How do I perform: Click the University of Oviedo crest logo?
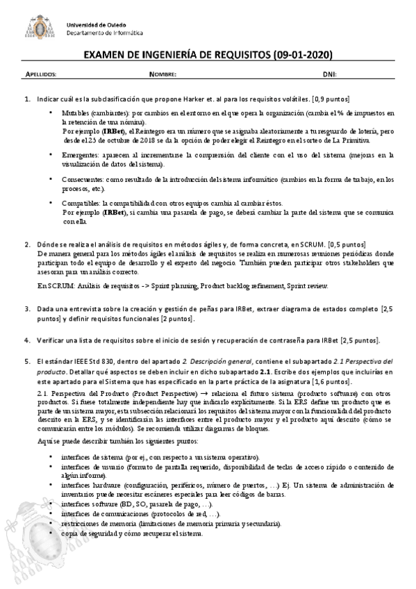click(42, 26)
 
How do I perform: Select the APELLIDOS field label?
click(41, 73)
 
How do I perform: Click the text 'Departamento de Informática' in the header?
click(95, 33)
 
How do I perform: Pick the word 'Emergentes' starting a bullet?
click(79, 155)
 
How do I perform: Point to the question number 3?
click(26, 308)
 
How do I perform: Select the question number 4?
click(26, 340)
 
